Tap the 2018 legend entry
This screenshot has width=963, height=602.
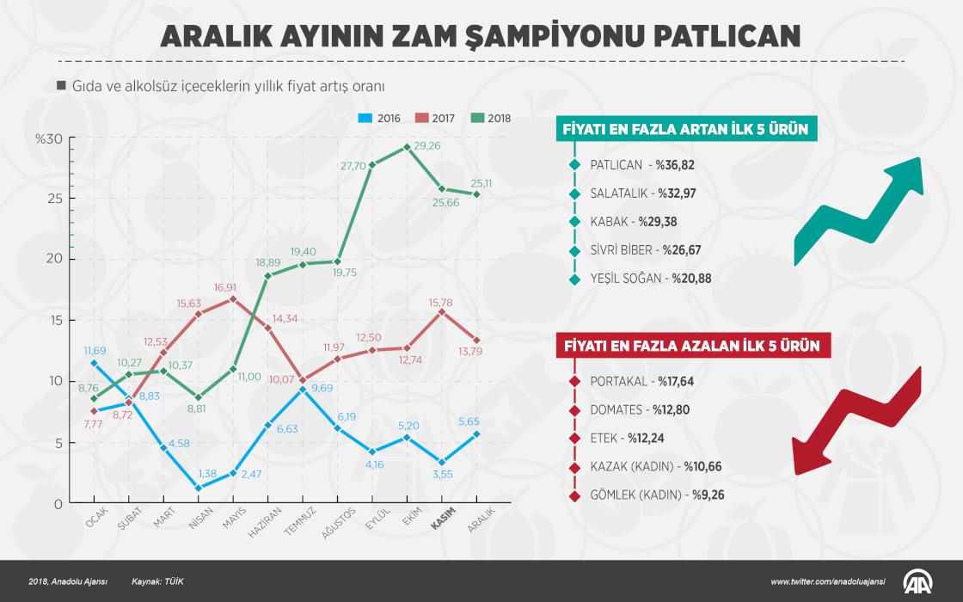click(490, 118)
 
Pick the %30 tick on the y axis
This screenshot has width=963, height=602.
click(49, 138)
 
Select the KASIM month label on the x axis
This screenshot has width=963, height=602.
click(443, 522)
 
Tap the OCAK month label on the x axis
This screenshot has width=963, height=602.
click(95, 519)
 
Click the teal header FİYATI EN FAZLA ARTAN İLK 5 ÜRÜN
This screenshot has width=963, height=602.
click(684, 129)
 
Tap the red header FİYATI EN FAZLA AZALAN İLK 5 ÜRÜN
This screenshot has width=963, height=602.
click(690, 346)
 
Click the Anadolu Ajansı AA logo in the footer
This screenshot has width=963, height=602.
click(920, 581)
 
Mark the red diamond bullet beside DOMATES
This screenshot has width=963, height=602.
click(574, 409)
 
